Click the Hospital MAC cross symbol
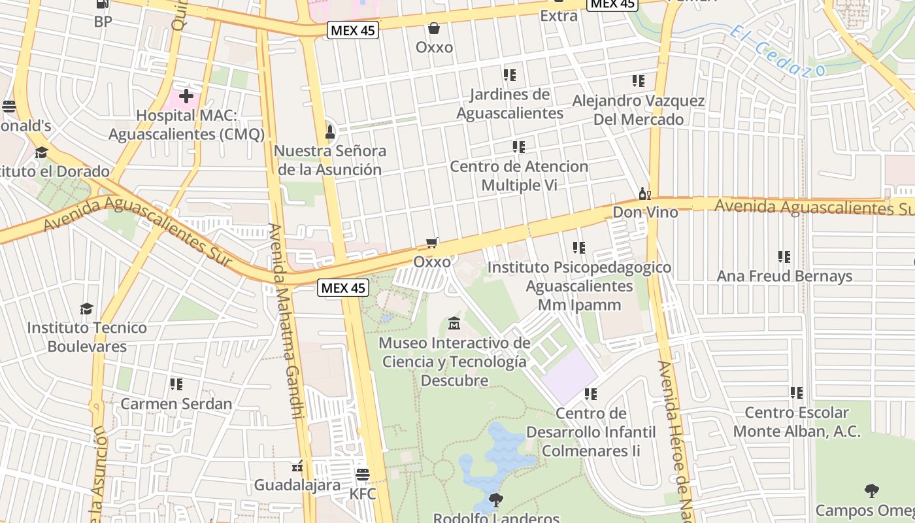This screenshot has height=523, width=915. (x=186, y=97)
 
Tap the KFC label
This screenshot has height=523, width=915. (x=363, y=494)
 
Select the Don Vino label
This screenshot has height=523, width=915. (x=645, y=212)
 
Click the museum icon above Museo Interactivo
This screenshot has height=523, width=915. (x=454, y=324)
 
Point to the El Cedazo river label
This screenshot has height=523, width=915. (x=777, y=50)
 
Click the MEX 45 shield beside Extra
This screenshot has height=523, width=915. (x=612, y=4)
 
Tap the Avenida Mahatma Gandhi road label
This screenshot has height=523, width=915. (x=286, y=320)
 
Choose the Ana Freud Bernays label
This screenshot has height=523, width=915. (x=784, y=276)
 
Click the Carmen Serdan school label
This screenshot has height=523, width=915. (x=176, y=403)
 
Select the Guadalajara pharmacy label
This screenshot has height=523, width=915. (x=297, y=485)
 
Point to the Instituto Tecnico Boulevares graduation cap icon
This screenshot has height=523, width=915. (x=86, y=309)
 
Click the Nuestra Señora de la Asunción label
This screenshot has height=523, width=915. (x=330, y=160)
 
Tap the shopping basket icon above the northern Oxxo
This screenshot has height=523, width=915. (x=433, y=28)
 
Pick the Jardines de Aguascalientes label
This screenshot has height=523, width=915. (x=510, y=104)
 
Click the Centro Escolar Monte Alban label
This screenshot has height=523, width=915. (x=797, y=422)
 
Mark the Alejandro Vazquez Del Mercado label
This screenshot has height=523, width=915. (x=639, y=110)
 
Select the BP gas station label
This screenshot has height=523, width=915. (x=103, y=22)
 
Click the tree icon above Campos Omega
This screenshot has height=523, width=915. (x=871, y=490)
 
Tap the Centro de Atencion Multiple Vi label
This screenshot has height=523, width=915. (x=519, y=175)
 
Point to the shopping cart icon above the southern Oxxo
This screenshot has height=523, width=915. (x=431, y=243)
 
